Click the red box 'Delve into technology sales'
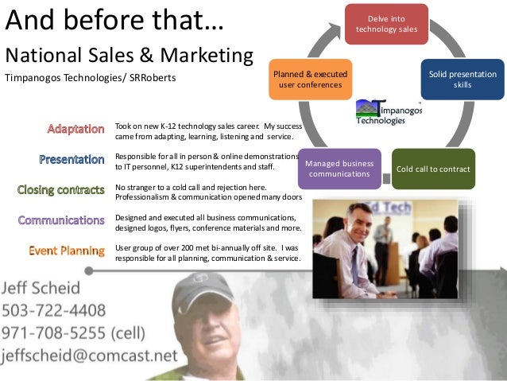pyautogui.click(x=386, y=24)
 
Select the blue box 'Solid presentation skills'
pyautogui.click(x=462, y=79)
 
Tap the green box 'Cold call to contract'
pyautogui.click(x=433, y=169)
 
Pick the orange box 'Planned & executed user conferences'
pyautogui.click(x=310, y=79)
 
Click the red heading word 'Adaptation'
pyautogui.click(x=75, y=128)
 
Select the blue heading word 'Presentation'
pyautogui.click(x=72, y=159)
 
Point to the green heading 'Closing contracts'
pyautogui.click(x=61, y=189)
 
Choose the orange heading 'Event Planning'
pyautogui.click(x=67, y=251)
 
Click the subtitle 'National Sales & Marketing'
pyautogui.click(x=130, y=56)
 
